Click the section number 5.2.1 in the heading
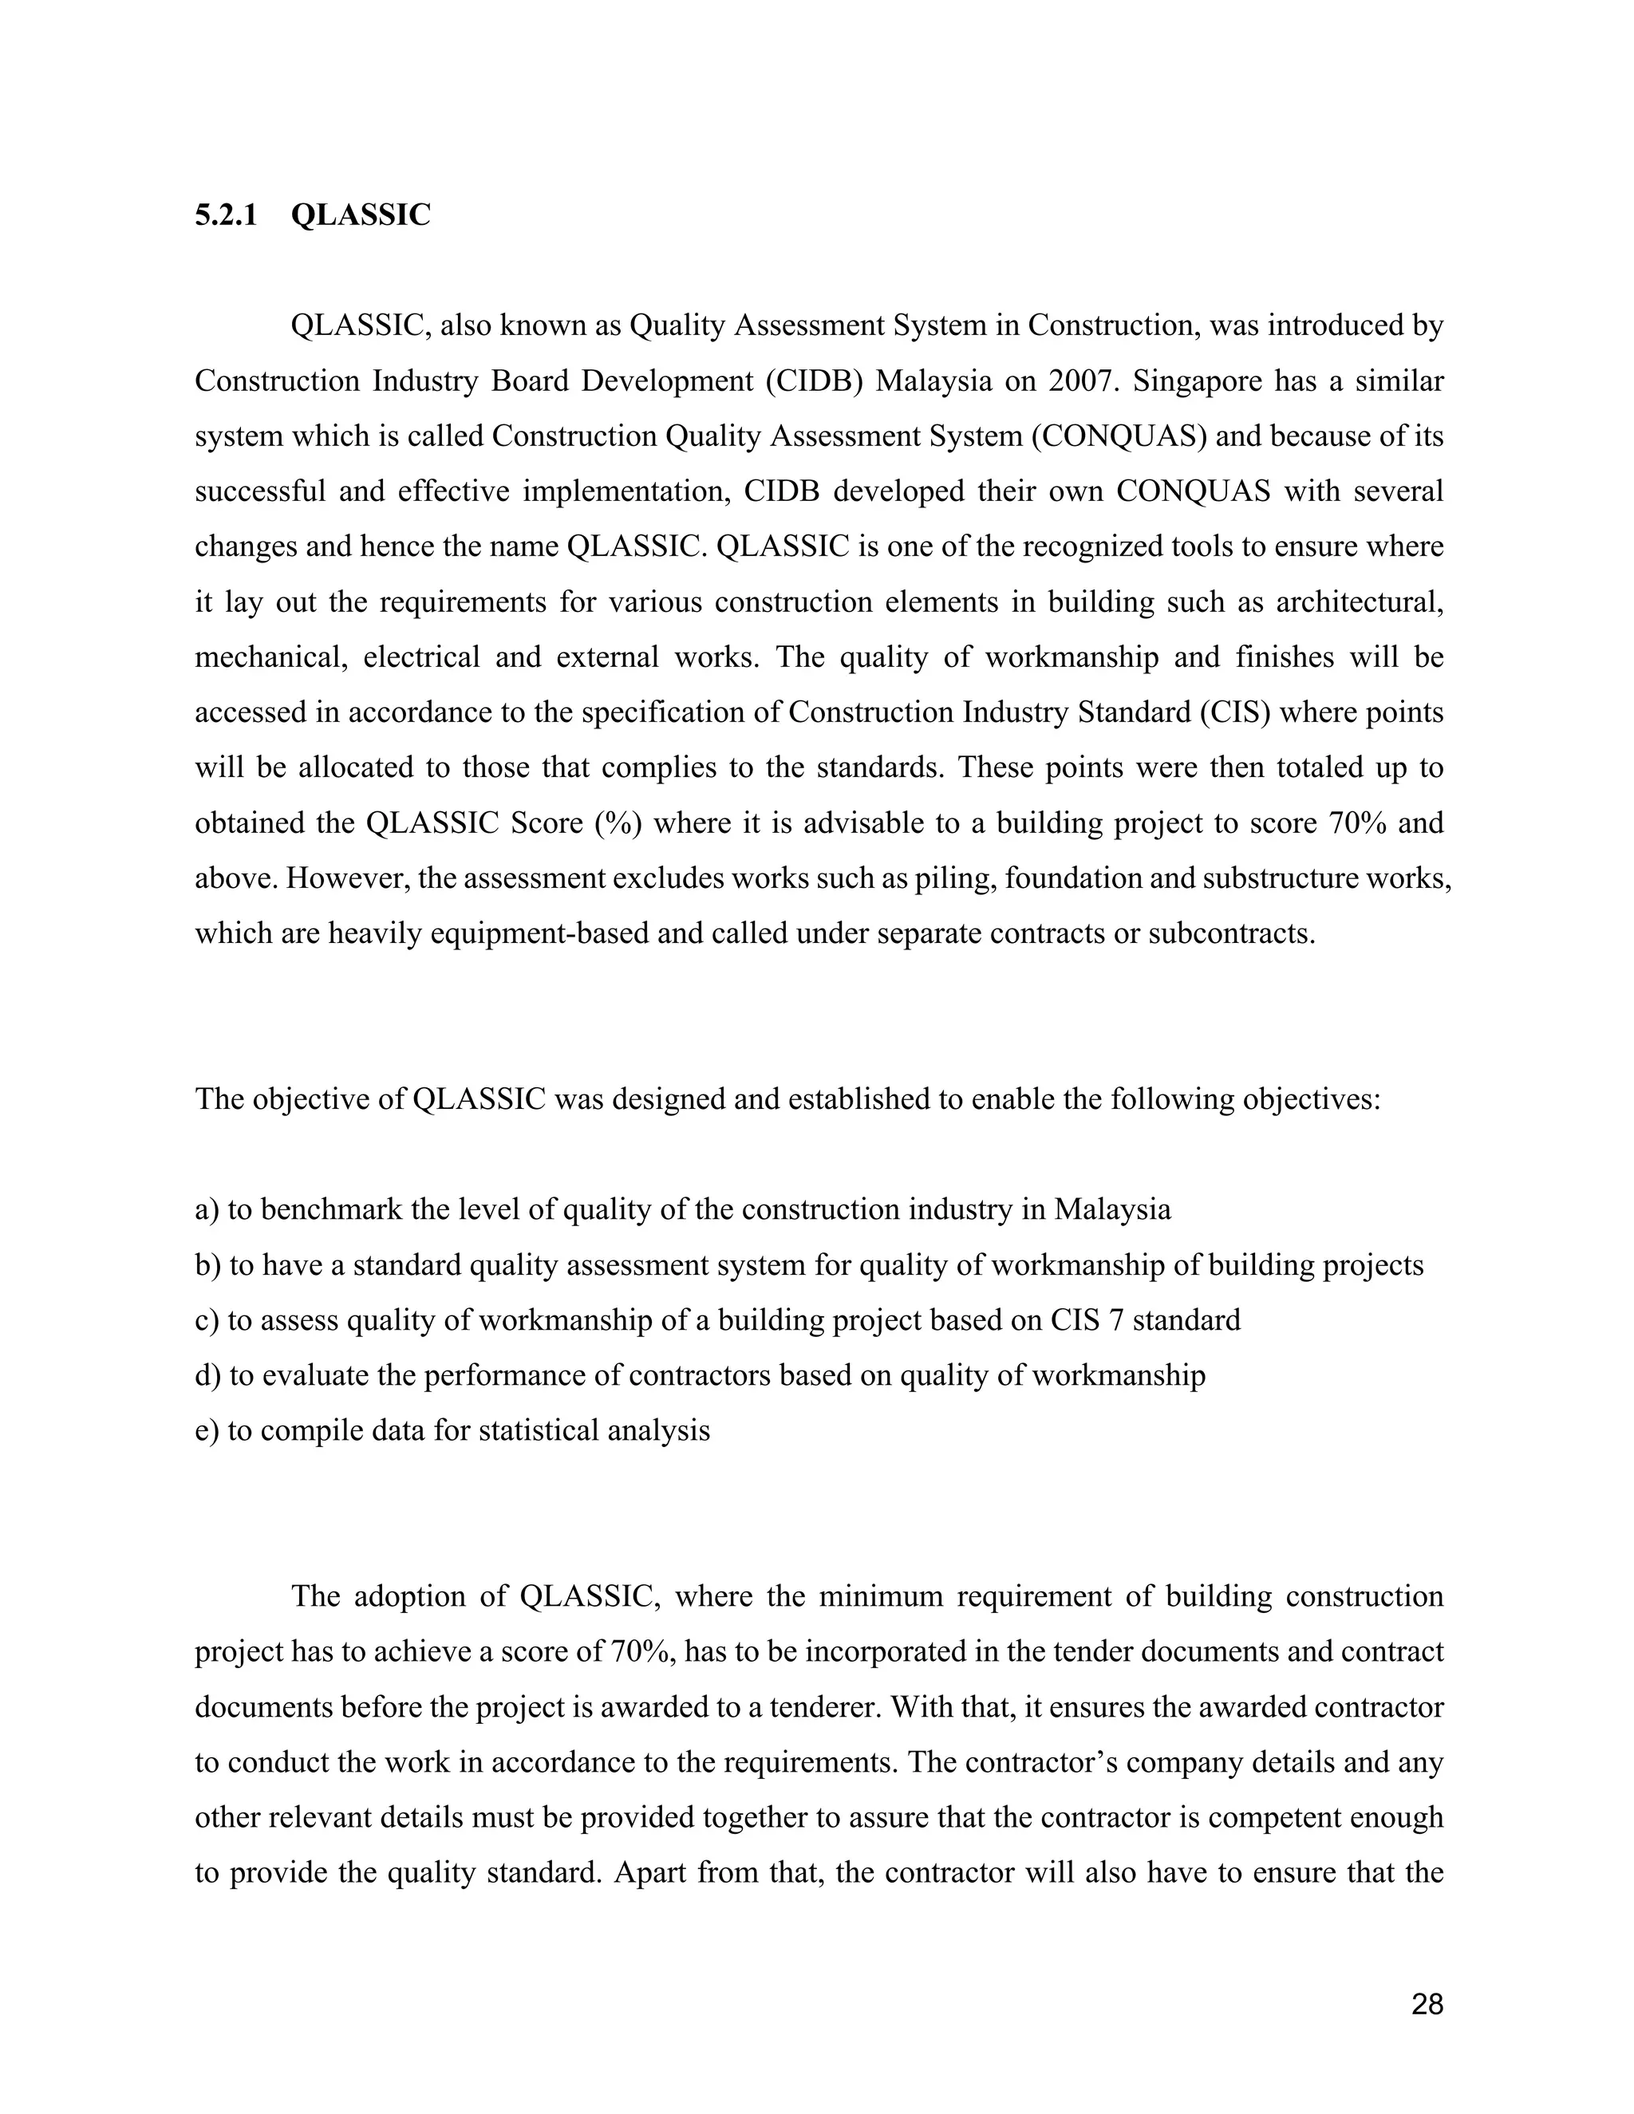click(x=226, y=215)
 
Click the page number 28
click(x=1427, y=2004)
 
